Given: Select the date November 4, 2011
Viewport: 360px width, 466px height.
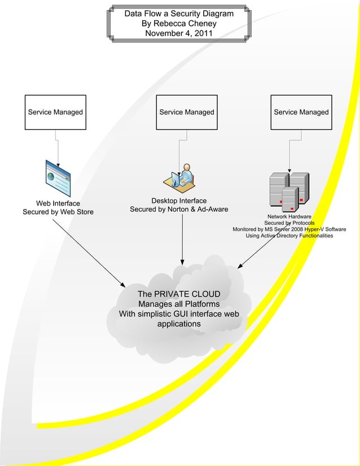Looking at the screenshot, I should pyautogui.click(x=178, y=33).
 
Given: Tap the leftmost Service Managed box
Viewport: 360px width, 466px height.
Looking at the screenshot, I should pyautogui.click(x=55, y=112).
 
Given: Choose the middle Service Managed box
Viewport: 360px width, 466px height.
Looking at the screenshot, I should pyautogui.click(x=187, y=112).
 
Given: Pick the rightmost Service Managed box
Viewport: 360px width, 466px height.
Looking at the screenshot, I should pyautogui.click(x=301, y=112).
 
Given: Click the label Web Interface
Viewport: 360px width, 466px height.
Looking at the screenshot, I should pyautogui.click(x=58, y=203).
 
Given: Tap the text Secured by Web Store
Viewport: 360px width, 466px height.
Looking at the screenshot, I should pyautogui.click(x=58, y=212).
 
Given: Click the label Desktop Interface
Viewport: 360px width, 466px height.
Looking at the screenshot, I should pyautogui.click(x=179, y=201).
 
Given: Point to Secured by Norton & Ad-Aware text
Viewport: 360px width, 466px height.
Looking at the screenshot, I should pyautogui.click(x=179, y=210).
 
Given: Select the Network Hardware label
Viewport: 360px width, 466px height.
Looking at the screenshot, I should pyautogui.click(x=289, y=217).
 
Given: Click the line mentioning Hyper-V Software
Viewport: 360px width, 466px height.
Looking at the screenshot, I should pyautogui.click(x=289, y=229).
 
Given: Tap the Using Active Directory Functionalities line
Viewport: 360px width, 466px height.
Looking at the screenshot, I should pyautogui.click(x=289, y=236).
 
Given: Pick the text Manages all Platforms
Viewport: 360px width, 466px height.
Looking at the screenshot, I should pyautogui.click(x=179, y=304).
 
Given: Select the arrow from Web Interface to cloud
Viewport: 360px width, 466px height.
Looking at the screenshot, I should pyautogui.click(x=90, y=254).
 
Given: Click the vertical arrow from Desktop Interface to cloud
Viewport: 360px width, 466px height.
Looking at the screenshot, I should pyautogui.click(x=182, y=240).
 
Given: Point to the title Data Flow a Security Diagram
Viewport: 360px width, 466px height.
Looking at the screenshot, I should pyautogui.click(x=179, y=13).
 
